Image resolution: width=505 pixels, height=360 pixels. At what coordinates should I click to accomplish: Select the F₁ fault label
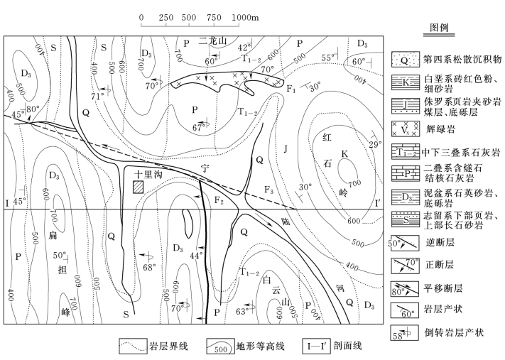[x=289, y=90]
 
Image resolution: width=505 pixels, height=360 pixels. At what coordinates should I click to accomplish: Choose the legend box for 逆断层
[x=406, y=246]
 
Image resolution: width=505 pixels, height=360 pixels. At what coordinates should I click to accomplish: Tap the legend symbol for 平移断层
[x=406, y=289]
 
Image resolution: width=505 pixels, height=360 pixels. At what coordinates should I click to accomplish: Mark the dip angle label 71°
[x=97, y=95]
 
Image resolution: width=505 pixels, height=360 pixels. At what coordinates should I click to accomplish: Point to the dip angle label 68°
[x=148, y=268]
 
